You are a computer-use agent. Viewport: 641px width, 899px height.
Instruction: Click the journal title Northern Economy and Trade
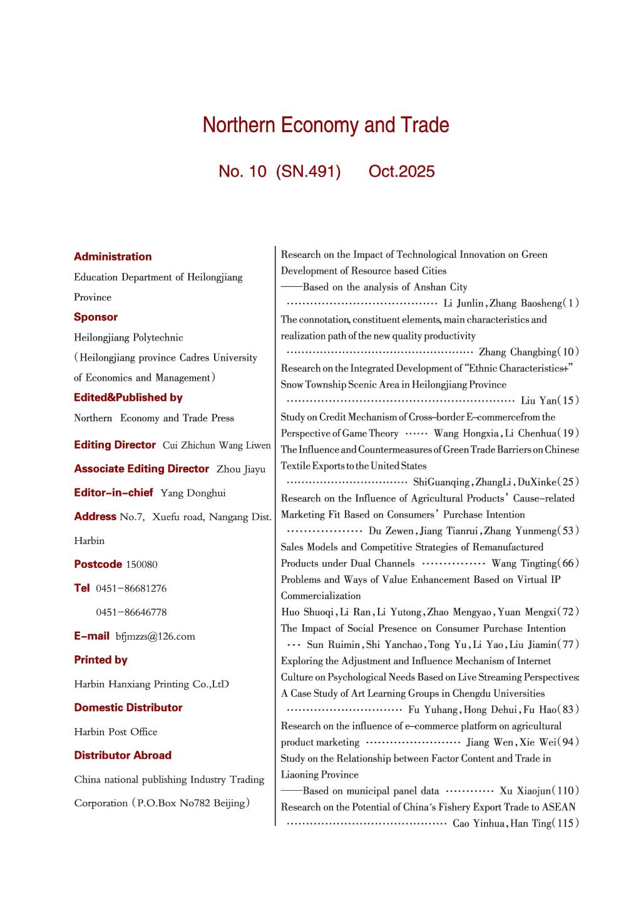pos(326,125)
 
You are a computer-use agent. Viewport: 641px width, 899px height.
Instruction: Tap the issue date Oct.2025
pos(401,172)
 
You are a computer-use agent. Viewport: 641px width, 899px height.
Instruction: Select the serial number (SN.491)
pos(308,172)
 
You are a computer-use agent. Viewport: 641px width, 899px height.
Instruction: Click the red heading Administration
pos(113,257)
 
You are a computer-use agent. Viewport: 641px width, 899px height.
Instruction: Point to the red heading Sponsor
pos(96,317)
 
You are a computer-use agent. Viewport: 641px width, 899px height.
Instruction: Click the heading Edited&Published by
pos(128,398)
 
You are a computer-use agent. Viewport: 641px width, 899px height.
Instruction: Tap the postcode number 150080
pos(141,565)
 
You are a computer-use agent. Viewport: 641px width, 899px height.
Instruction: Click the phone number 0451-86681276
pos(131,588)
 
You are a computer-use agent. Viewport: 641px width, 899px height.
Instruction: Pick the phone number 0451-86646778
pos(131,612)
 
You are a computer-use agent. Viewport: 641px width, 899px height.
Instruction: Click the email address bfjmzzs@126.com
pos(155,637)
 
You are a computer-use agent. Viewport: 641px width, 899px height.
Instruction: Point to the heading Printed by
pos(101,660)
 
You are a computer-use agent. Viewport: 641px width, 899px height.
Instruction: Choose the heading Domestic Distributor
pos(128,707)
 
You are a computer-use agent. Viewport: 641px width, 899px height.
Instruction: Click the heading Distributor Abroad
pos(123,755)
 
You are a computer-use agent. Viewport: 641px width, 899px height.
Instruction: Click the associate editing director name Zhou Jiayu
pos(241,470)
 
